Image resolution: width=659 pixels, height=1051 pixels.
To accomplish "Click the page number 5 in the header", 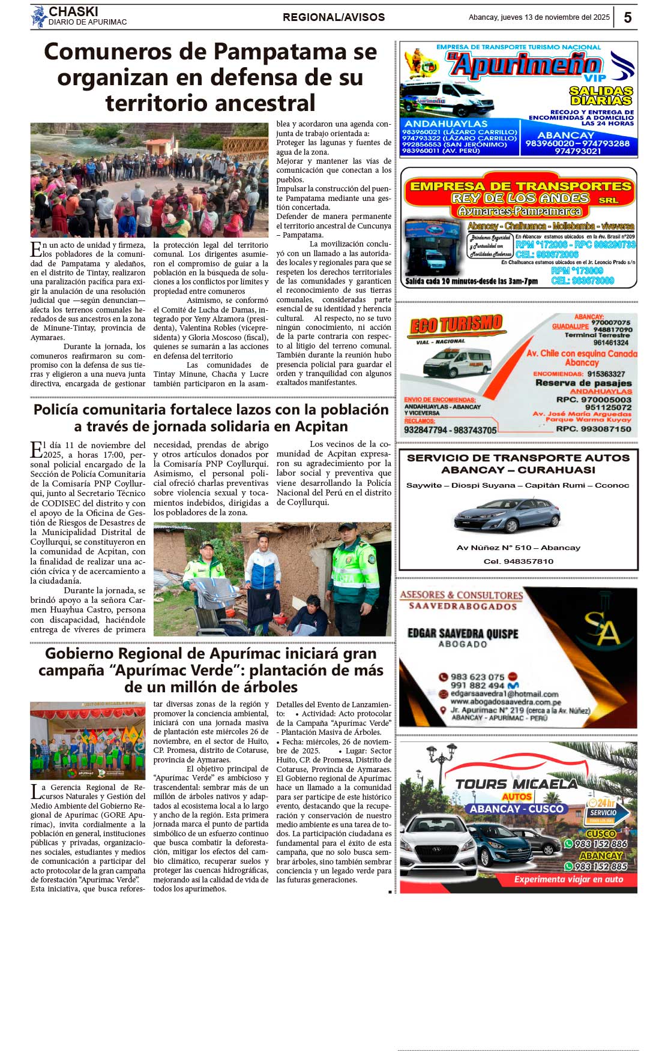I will click(627, 17).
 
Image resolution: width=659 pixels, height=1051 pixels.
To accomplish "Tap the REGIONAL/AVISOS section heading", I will click(334, 17).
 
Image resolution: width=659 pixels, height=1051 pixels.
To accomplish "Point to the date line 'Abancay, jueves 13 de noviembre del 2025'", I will click(539, 17).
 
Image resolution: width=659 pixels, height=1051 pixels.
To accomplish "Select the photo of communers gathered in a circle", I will click(149, 180).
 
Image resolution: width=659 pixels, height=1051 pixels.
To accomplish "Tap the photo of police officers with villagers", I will click(272, 579).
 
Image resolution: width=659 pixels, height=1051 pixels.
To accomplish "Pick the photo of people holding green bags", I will click(88, 741).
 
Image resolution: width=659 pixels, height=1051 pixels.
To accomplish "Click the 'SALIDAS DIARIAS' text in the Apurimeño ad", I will click(601, 95).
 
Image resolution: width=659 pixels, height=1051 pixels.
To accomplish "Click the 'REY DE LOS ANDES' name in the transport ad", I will click(520, 198).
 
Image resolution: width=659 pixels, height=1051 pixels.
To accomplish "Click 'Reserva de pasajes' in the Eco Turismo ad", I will click(583, 383).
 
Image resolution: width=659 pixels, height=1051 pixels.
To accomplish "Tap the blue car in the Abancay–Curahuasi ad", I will click(507, 516).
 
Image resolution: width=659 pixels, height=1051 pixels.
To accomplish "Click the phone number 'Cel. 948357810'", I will click(519, 561).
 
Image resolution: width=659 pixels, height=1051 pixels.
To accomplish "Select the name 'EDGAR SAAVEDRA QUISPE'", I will click(463, 633).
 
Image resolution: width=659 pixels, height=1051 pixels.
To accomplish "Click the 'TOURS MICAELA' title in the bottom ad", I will click(516, 784).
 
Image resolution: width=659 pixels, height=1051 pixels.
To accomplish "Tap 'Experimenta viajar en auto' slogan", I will click(568, 879).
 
